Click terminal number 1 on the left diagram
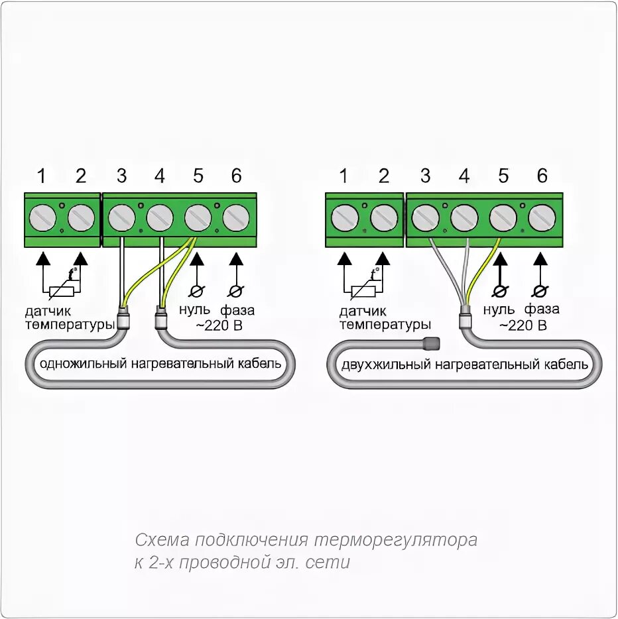pos(42,176)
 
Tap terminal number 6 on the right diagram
pos(542,176)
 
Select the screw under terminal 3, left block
pos(121,217)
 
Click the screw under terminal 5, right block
pos(503,217)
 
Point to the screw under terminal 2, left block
pos(82,217)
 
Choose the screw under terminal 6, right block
pos(542,217)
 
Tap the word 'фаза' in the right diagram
pos(542,309)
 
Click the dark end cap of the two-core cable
pos(431,343)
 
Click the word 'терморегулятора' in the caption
pos(395,540)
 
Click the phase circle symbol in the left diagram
pos(234,291)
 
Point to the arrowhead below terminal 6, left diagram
pos(234,258)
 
